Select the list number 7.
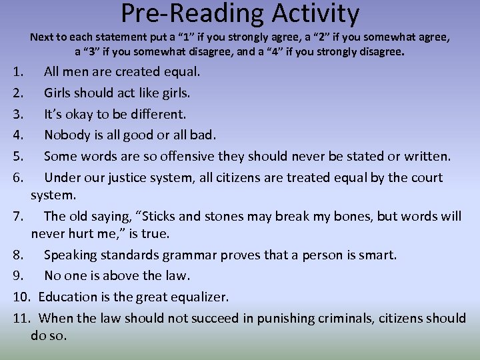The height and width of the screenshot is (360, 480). (x=18, y=216)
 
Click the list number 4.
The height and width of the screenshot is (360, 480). (x=19, y=135)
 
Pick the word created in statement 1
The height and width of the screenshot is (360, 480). (x=132, y=71)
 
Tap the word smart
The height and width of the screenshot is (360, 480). (x=376, y=255)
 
